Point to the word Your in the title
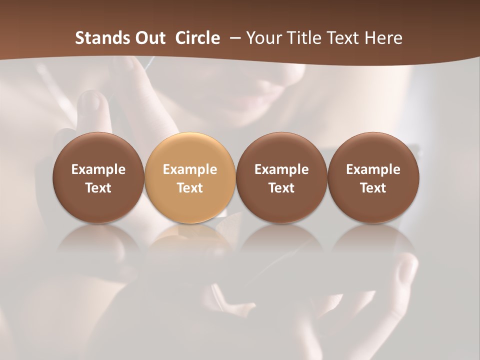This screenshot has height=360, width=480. [262, 38]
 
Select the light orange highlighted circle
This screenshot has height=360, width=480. [190, 177]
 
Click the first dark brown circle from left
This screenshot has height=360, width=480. [98, 177]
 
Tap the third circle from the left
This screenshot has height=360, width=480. [281, 177]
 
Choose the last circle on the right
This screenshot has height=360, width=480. [373, 177]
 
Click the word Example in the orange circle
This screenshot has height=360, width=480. [190, 169]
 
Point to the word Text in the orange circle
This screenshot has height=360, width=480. [190, 188]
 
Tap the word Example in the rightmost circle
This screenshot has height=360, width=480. [373, 169]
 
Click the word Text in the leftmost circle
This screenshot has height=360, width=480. [98, 188]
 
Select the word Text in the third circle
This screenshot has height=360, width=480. [281, 188]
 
